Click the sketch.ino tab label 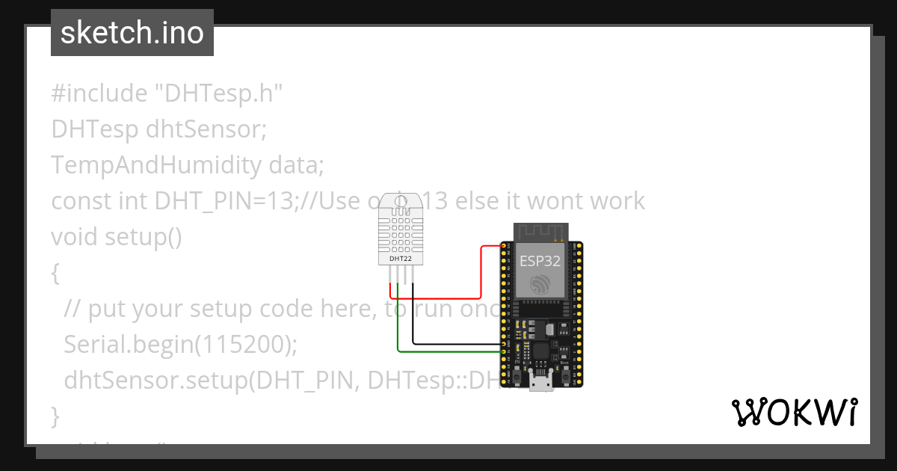coord(132,33)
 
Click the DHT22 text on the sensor coord(401,259)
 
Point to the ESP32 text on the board coord(540,261)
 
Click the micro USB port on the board coord(540,383)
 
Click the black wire coord(456,344)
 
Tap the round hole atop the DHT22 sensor coord(401,200)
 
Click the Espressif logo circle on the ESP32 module coord(540,285)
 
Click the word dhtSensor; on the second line coord(206,130)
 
